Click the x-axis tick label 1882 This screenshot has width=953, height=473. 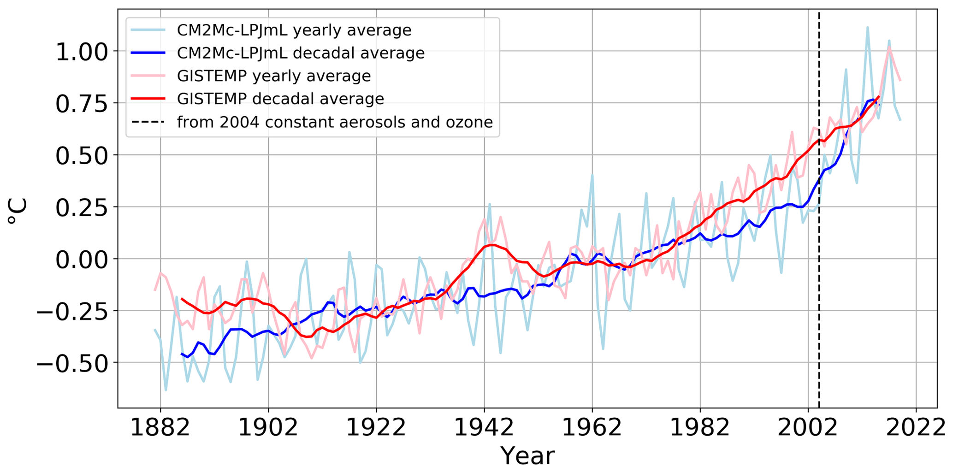pos(160,428)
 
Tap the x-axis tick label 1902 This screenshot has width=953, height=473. pos(268,428)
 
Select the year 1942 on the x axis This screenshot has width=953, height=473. pos(484,428)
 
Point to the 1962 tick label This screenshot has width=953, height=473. pos(592,428)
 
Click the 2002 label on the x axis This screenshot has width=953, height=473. pos(808,428)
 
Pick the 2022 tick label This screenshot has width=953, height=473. pos(916,428)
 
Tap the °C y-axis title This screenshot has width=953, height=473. pos(18,212)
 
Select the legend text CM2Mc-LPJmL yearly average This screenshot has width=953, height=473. pos(294,30)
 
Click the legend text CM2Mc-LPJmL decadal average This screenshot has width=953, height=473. pos(301,53)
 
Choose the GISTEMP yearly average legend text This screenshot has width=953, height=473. pos(274,76)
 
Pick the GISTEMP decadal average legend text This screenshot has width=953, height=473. pos(280,99)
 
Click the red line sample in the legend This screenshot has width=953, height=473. pos(148,99)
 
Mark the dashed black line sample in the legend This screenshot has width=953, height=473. pos(148,122)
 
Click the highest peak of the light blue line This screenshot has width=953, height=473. pos(867,28)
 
